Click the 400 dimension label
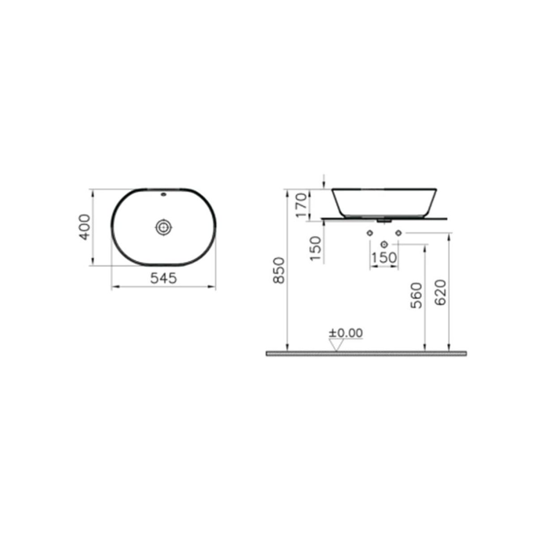[85, 227]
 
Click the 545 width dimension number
[163, 278]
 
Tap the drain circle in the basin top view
[164, 227]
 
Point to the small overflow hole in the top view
[164, 195]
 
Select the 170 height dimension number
[301, 205]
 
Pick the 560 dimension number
[416, 295]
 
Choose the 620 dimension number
[440, 293]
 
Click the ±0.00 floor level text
[346, 333]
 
